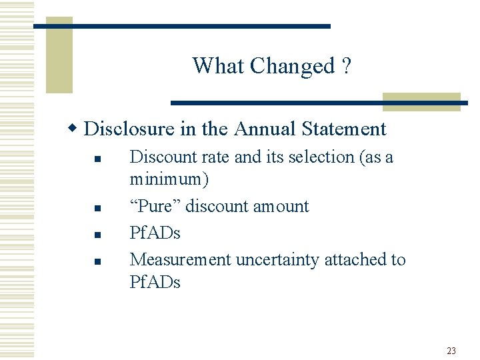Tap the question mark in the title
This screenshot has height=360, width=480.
[346, 66]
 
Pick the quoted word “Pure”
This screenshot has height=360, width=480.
[155, 206]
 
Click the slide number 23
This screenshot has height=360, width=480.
[451, 351]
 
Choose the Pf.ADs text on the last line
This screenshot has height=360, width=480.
[155, 282]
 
